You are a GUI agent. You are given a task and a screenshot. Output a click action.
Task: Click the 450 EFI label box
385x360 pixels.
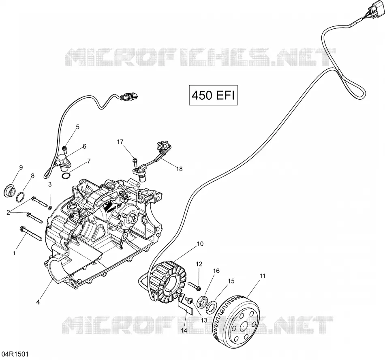213,95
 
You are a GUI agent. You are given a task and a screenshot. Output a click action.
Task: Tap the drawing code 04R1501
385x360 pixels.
15,354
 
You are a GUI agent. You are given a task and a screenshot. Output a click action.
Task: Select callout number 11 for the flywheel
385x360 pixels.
263,276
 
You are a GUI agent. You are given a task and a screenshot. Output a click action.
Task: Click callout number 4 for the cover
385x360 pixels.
38,302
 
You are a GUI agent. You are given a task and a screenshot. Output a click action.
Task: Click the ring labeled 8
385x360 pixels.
20,197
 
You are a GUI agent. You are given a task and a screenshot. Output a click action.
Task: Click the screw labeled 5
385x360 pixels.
65,148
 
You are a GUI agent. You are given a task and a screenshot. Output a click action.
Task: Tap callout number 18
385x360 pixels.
180,169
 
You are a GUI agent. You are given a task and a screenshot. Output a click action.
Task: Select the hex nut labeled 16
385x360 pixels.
203,301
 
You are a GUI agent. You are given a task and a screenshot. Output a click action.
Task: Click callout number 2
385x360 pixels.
8,212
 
